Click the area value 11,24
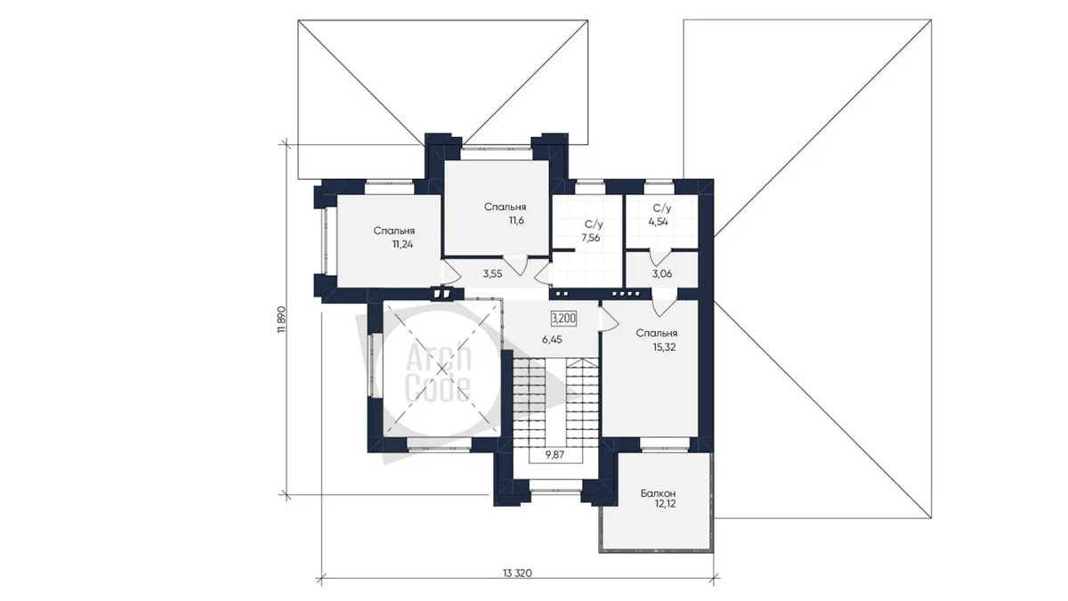click(402, 245)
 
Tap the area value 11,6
click(516, 221)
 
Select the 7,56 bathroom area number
click(591, 238)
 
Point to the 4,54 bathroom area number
click(658, 222)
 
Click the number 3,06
click(662, 274)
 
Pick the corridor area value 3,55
click(492, 274)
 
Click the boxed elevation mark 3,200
click(564, 318)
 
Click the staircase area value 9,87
click(554, 455)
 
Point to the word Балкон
click(658, 493)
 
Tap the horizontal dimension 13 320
click(517, 573)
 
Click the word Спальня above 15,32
click(657, 333)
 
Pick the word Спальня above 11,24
click(393, 231)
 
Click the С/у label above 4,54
click(662, 208)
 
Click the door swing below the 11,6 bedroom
click(515, 266)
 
